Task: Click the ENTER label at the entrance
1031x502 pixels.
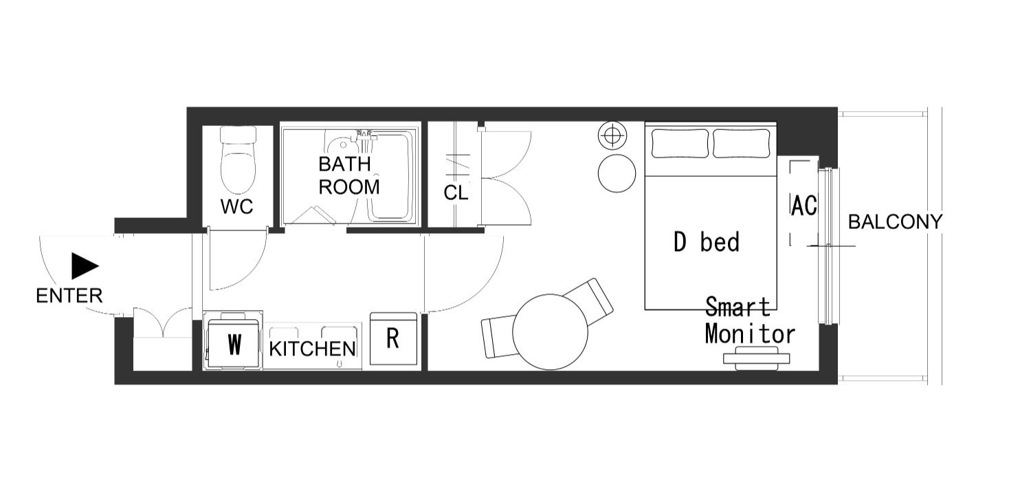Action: pyautogui.click(x=69, y=296)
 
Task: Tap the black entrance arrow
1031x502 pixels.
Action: pyautogui.click(x=85, y=266)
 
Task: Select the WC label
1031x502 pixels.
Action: pyautogui.click(x=236, y=207)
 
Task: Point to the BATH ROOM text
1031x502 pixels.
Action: pyautogui.click(x=348, y=175)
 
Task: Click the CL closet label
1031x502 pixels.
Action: pyautogui.click(x=456, y=193)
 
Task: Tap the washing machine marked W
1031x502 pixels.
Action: pyautogui.click(x=233, y=340)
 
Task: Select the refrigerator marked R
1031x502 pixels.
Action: pyautogui.click(x=394, y=339)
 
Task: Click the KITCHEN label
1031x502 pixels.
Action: pyautogui.click(x=313, y=349)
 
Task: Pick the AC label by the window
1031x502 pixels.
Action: pyautogui.click(x=804, y=206)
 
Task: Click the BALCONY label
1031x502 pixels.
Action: pyautogui.click(x=895, y=222)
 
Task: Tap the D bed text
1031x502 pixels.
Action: pyautogui.click(x=707, y=242)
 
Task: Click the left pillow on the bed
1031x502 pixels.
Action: pyautogui.click(x=679, y=144)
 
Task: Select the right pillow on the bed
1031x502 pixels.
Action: pyautogui.click(x=742, y=144)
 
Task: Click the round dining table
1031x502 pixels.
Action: pyautogui.click(x=550, y=332)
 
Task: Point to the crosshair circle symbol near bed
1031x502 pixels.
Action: pyautogui.click(x=612, y=135)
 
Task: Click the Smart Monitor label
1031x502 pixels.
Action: pyautogui.click(x=750, y=321)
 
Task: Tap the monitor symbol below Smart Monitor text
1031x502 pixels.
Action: pyautogui.click(x=756, y=358)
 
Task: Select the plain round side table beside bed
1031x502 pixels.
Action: pyautogui.click(x=617, y=173)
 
